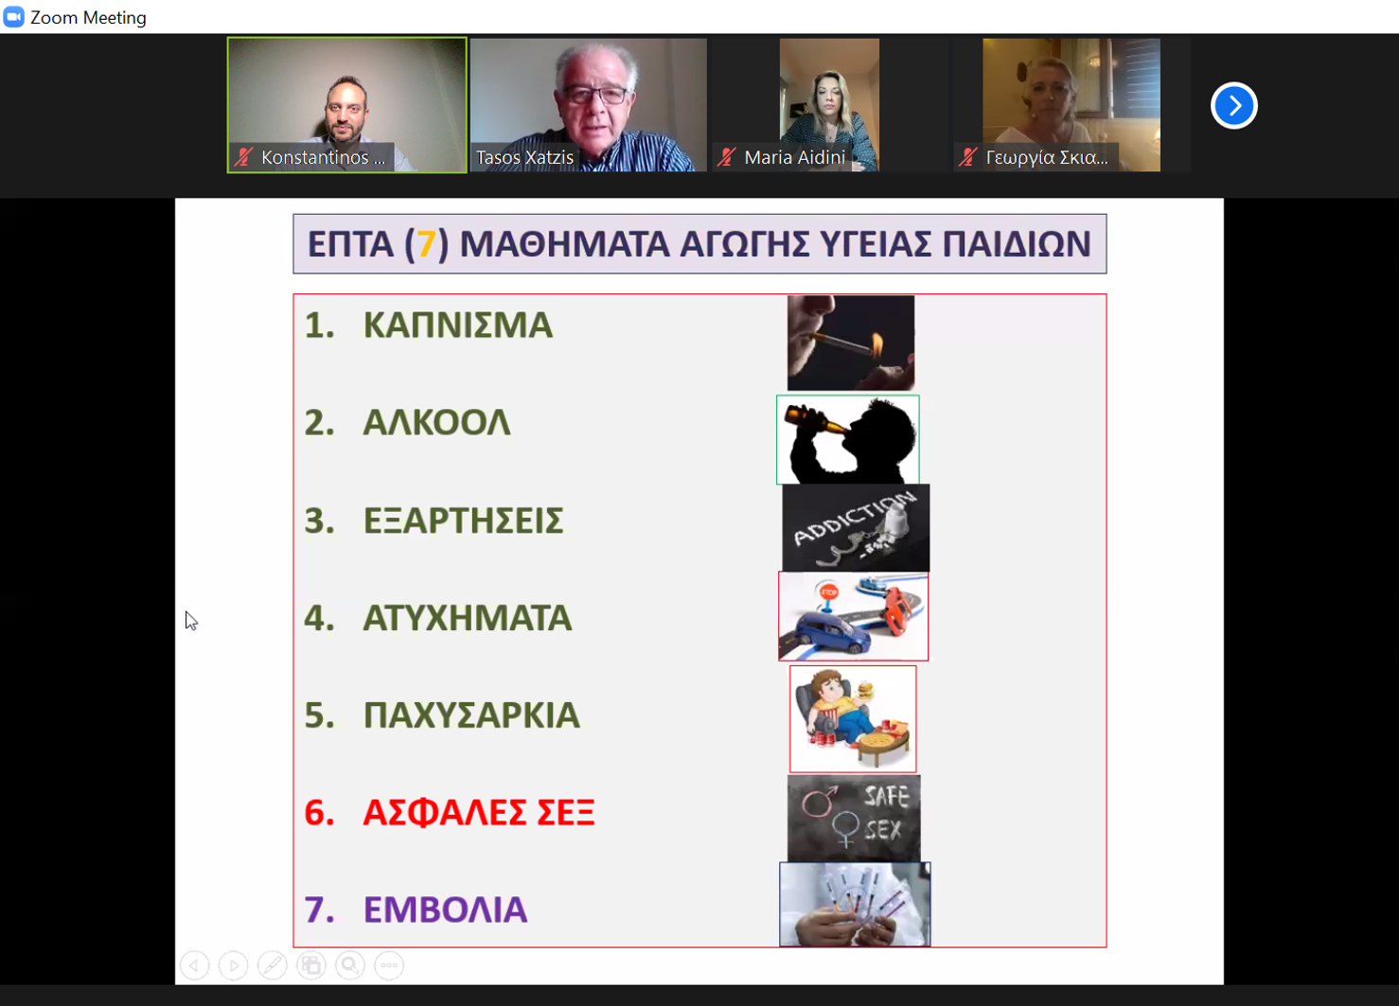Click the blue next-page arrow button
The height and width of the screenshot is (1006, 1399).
tap(1233, 106)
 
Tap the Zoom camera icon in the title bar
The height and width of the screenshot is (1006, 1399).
tap(14, 17)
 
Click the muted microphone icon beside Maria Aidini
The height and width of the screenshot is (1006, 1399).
tap(726, 157)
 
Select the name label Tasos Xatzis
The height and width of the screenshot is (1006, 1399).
tap(524, 157)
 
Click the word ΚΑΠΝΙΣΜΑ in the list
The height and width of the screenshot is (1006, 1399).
tap(458, 326)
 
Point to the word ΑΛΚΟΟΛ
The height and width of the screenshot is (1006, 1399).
tap(436, 423)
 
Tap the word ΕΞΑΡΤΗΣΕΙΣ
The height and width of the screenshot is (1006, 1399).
tap(463, 521)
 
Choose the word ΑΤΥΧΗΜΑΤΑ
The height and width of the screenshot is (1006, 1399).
tap(468, 618)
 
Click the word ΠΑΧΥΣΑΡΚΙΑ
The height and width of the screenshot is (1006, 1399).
tap(471, 715)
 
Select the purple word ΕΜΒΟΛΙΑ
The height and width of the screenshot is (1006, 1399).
tap(445, 909)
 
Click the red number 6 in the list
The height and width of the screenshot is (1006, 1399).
tap(319, 813)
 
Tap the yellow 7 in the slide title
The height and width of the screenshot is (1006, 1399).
tap(426, 243)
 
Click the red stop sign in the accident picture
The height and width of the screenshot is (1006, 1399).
tap(829, 592)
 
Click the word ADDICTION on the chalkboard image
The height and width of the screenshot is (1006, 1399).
tap(855, 519)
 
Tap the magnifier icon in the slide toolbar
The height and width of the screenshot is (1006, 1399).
tap(350, 965)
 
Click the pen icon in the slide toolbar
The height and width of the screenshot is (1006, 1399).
tap(273, 965)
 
